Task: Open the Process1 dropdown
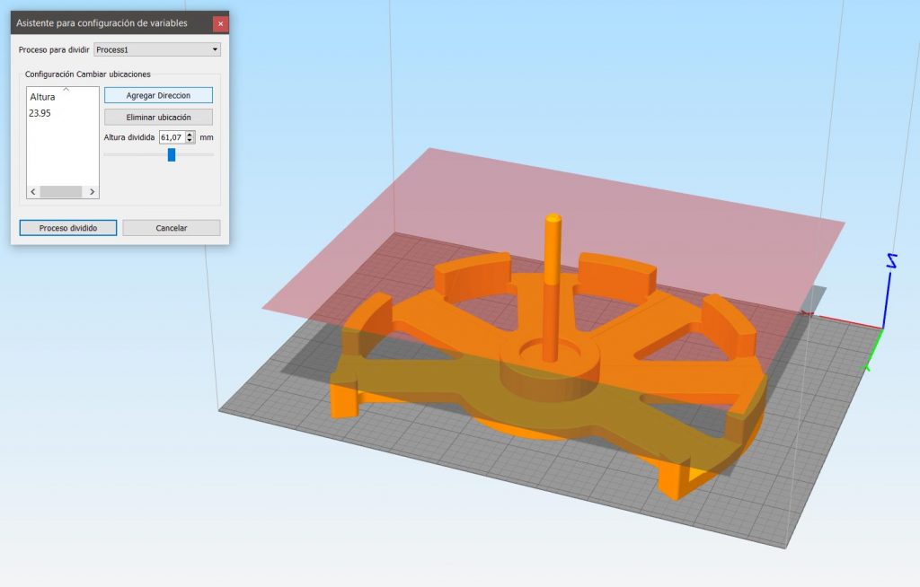tap(157, 49)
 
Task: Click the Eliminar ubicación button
tap(158, 117)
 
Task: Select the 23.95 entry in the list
tap(40, 113)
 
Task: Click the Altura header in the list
tap(42, 96)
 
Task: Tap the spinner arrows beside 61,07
tap(190, 137)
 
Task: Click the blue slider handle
tap(172, 154)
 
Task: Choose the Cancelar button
tap(171, 228)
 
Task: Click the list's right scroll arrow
tap(93, 192)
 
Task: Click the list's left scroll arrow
tap(33, 192)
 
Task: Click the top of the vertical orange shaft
tap(553, 218)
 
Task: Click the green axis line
tap(873, 350)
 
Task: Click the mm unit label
tap(207, 137)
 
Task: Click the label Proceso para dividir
tap(54, 49)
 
